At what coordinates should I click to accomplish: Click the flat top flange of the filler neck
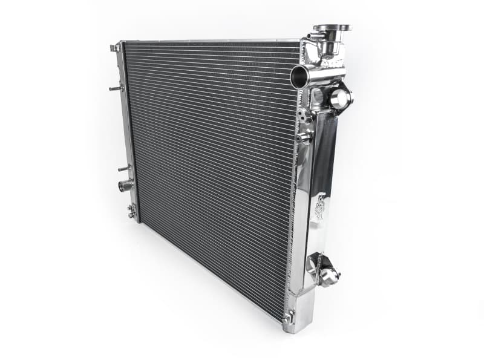pyautogui.click(x=332, y=28)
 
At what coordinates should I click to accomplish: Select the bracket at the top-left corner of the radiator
pyautogui.click(x=115, y=47)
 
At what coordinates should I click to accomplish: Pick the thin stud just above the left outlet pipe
pyautogui.click(x=123, y=168)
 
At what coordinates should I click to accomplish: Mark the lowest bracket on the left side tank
pyautogui.click(x=131, y=211)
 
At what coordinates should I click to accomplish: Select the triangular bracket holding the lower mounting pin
pyautogui.click(x=316, y=264)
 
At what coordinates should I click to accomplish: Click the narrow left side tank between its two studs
pyautogui.click(x=127, y=127)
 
